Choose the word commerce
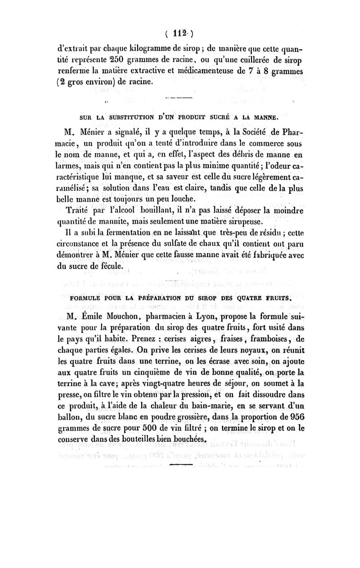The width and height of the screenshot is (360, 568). click(265, 144)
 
